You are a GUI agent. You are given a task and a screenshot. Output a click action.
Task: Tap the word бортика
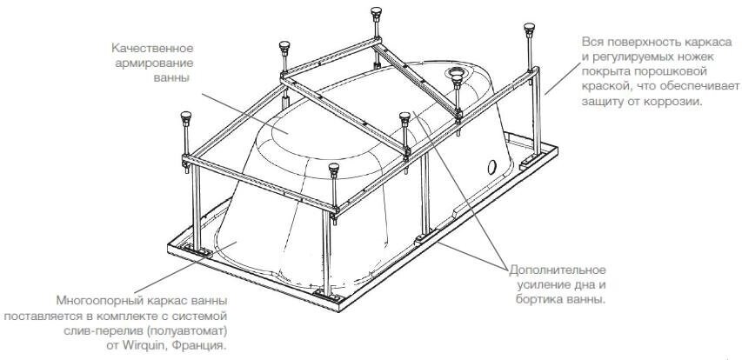pos(540,300)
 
